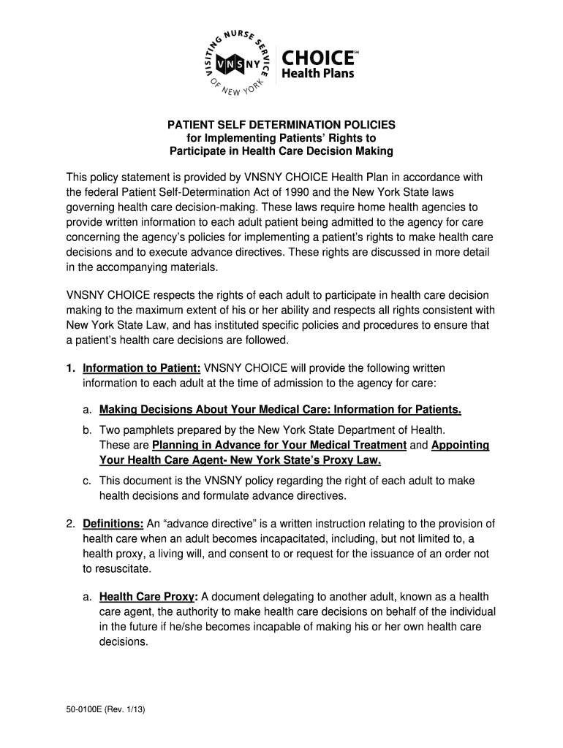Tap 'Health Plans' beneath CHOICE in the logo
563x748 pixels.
click(320, 73)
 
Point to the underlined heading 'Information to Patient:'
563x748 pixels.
click(142, 367)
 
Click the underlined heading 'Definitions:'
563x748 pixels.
click(113, 524)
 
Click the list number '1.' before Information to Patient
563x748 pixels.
click(72, 367)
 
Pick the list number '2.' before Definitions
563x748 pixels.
click(72, 524)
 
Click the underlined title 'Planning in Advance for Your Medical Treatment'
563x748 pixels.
click(279, 446)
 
